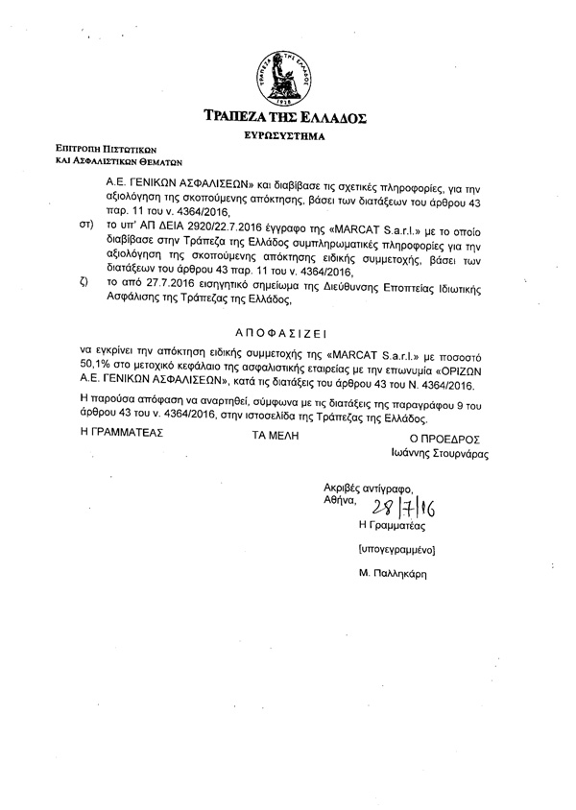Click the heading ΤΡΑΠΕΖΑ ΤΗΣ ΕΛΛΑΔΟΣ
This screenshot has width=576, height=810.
click(x=284, y=118)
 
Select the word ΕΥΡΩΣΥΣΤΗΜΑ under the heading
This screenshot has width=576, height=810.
click(x=285, y=137)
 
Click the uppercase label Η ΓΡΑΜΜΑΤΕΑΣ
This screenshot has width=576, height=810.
click(x=123, y=434)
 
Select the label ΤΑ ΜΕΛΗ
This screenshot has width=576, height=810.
click(x=276, y=434)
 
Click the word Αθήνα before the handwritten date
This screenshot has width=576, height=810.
click(x=339, y=500)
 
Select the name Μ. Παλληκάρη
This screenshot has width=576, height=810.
click(x=389, y=573)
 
